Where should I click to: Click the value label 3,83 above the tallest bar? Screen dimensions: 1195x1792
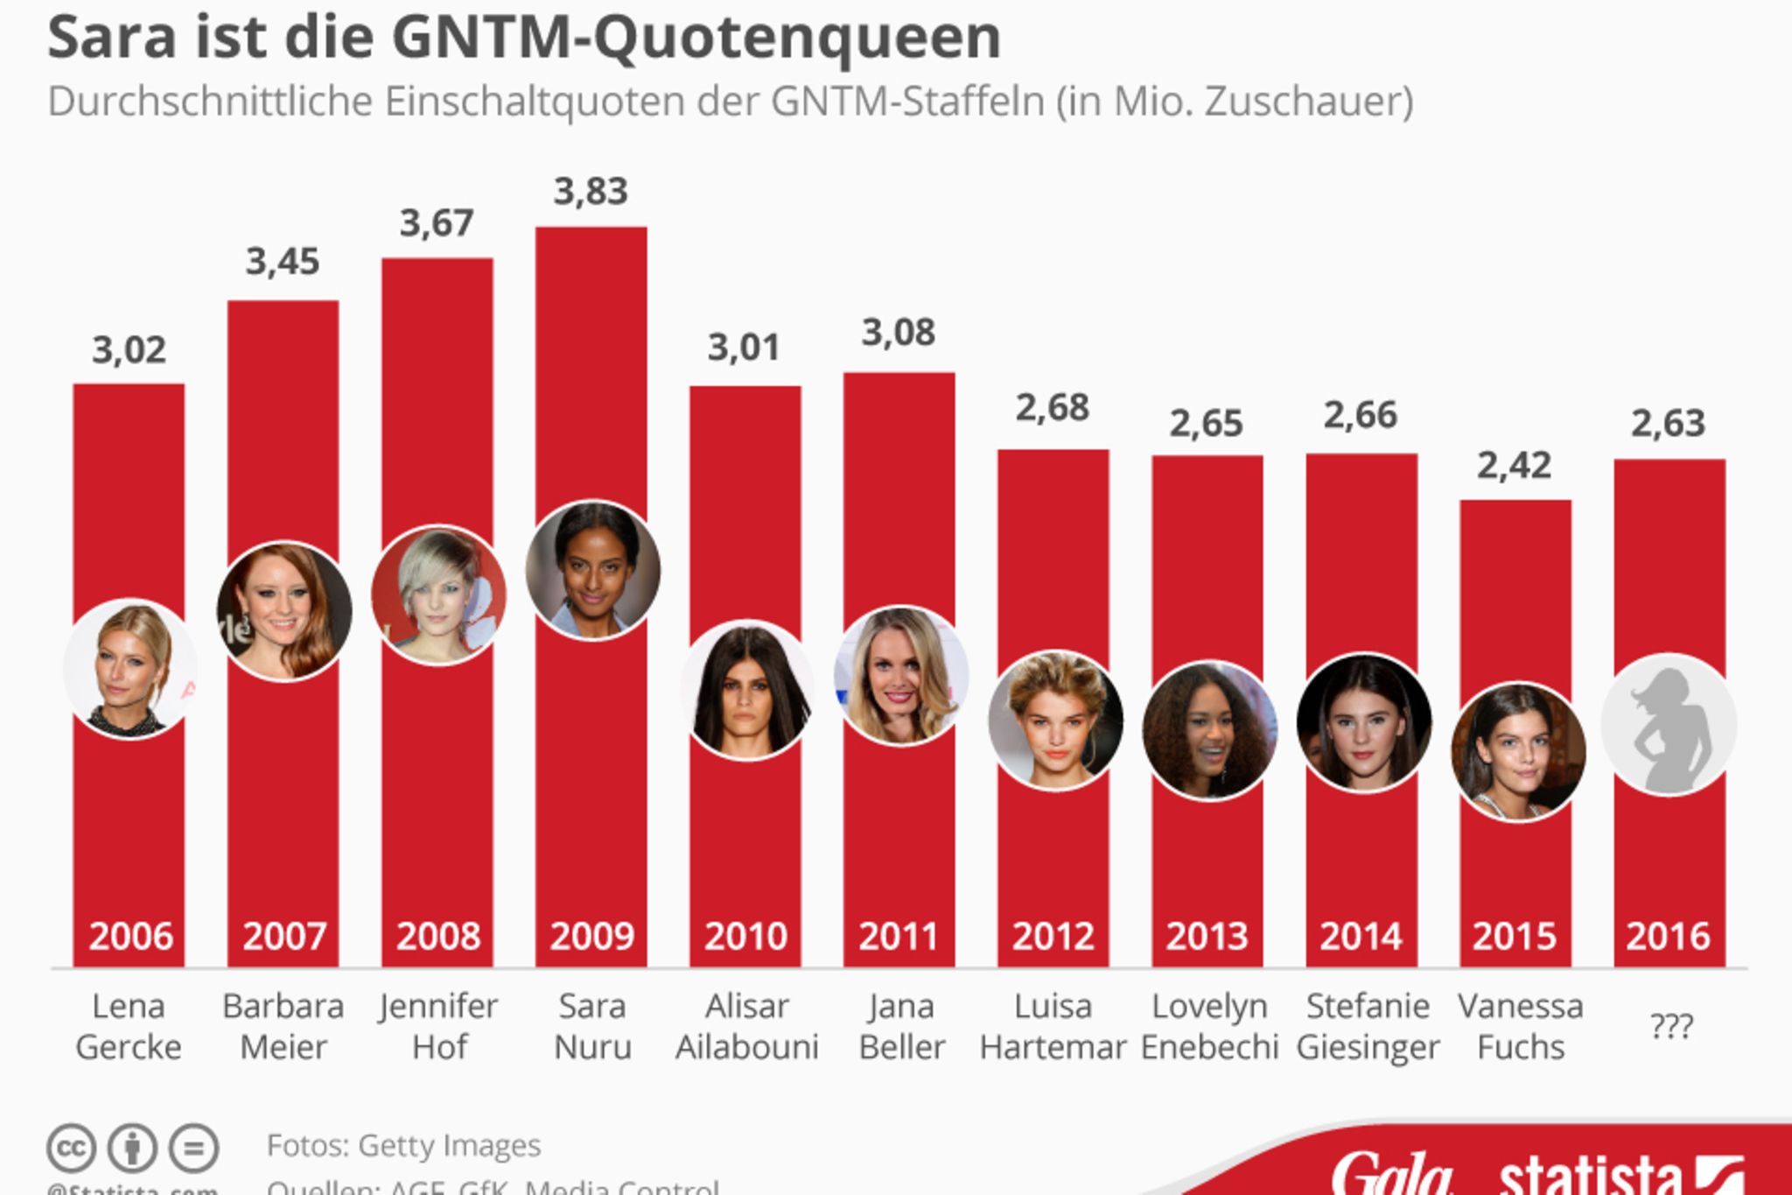591,192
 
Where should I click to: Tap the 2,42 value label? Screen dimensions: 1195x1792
1514,466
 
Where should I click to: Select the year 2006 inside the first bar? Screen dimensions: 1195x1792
130,936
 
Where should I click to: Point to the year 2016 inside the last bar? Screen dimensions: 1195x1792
1668,936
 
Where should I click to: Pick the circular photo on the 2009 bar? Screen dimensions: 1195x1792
592,570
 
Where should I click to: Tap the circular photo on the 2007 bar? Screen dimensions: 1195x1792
284,611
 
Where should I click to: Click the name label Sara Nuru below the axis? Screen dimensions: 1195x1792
592,1026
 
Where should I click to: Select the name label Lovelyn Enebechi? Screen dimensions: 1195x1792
1208,1026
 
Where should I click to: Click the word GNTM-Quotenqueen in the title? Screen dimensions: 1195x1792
696,38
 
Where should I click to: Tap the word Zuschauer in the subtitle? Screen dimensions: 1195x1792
1308,102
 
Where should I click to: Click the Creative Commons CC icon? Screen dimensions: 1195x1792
71,1148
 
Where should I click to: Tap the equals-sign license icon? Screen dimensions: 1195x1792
193,1148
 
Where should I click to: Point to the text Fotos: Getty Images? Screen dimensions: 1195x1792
403,1145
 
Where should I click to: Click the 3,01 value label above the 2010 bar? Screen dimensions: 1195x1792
743,348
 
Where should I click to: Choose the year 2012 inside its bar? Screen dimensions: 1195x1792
1053,936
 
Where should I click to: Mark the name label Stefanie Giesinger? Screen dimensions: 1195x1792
1367,1026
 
